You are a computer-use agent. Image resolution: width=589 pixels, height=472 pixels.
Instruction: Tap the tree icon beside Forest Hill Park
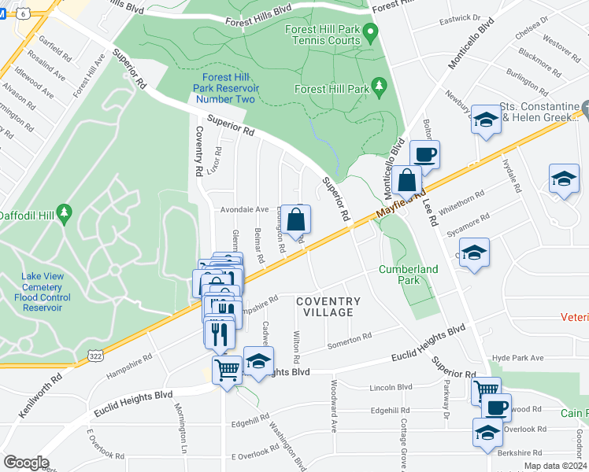380,85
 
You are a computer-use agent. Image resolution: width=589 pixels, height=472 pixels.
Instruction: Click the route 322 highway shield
94,356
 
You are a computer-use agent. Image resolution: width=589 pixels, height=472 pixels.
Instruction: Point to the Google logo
26,463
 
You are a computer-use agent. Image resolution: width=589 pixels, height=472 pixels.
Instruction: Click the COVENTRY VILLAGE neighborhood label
328,307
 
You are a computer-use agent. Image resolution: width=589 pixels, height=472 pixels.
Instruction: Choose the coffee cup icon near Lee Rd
424,154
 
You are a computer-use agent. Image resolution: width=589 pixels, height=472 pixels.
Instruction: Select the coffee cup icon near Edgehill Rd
496,407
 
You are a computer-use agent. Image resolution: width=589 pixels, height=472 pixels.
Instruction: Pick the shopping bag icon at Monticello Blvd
408,181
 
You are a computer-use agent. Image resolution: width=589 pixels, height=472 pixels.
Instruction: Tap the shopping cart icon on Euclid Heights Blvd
227,369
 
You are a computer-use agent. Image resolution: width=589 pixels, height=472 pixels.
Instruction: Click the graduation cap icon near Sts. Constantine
486,120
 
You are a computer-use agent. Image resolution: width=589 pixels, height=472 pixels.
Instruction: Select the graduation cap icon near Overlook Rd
487,432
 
